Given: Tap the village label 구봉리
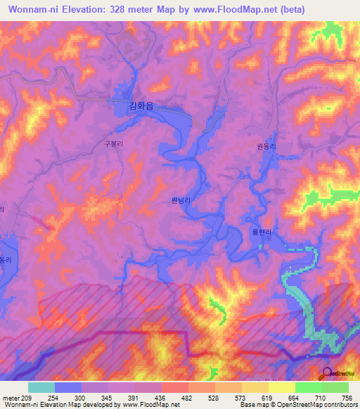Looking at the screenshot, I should (x=114, y=143).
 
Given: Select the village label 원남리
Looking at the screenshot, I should (x=181, y=200).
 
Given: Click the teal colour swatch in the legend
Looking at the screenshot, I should (x=41, y=387).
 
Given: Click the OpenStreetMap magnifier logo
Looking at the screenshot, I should (x=327, y=373).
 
